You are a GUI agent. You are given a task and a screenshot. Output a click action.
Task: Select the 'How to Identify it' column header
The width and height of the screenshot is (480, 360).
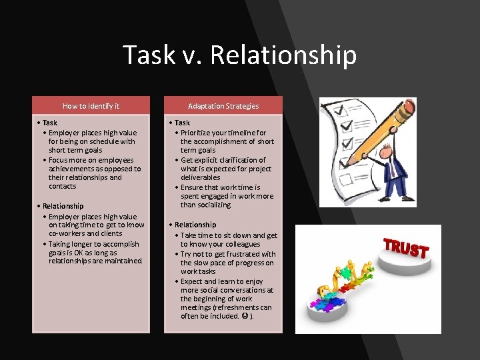tap(91, 105)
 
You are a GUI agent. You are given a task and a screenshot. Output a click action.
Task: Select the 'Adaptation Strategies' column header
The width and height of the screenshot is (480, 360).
tap(223, 105)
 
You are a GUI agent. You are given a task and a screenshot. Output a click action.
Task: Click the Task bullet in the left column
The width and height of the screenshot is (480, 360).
tap(49, 123)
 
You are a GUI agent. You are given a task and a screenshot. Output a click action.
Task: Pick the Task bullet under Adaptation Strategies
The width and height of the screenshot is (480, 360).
tap(181, 123)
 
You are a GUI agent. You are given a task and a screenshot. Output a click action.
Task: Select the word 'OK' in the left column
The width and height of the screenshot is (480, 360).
tap(79, 253)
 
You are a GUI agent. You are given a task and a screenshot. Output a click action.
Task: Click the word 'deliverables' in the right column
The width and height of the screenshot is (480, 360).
tap(201, 177)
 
